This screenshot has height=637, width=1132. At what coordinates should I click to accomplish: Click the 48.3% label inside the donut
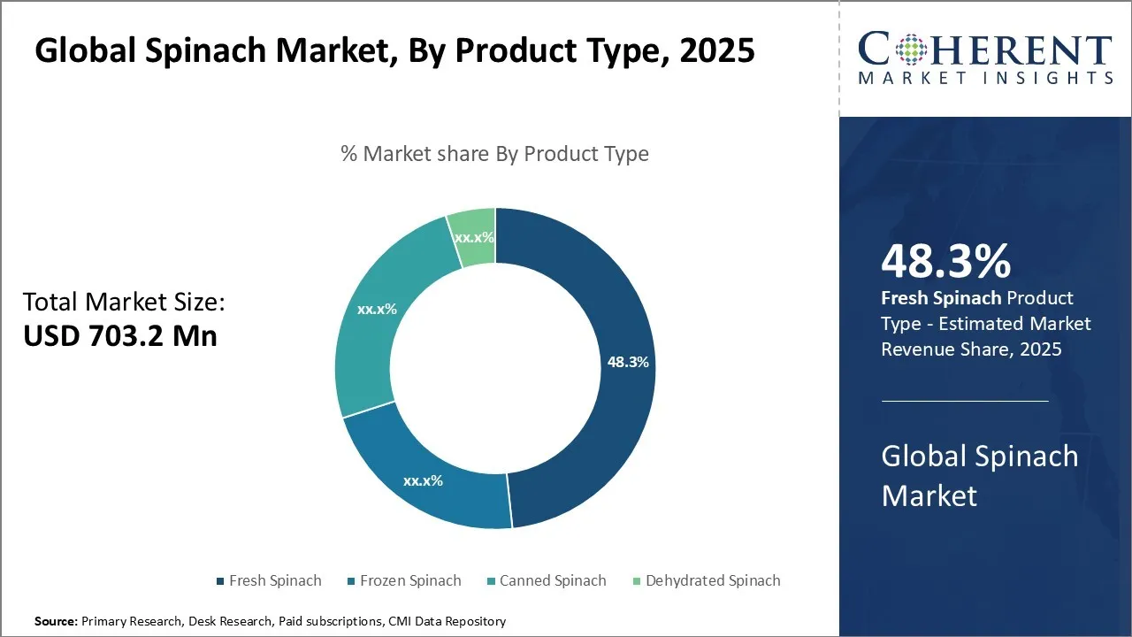[x=628, y=362]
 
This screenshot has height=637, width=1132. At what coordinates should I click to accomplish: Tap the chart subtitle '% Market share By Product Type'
[x=494, y=154]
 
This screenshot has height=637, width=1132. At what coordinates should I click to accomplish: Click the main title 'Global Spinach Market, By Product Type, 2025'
[x=394, y=50]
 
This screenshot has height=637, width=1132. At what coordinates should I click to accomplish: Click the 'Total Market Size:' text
[x=125, y=303]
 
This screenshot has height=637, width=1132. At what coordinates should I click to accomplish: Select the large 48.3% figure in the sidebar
[x=945, y=261]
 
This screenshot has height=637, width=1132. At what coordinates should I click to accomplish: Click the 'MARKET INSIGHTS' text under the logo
[x=984, y=79]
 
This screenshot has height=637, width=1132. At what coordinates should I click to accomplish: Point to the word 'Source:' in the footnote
[x=56, y=621]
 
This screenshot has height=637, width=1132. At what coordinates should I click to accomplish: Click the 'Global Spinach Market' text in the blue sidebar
[x=980, y=475]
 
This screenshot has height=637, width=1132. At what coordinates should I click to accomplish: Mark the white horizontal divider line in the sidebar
[x=965, y=401]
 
